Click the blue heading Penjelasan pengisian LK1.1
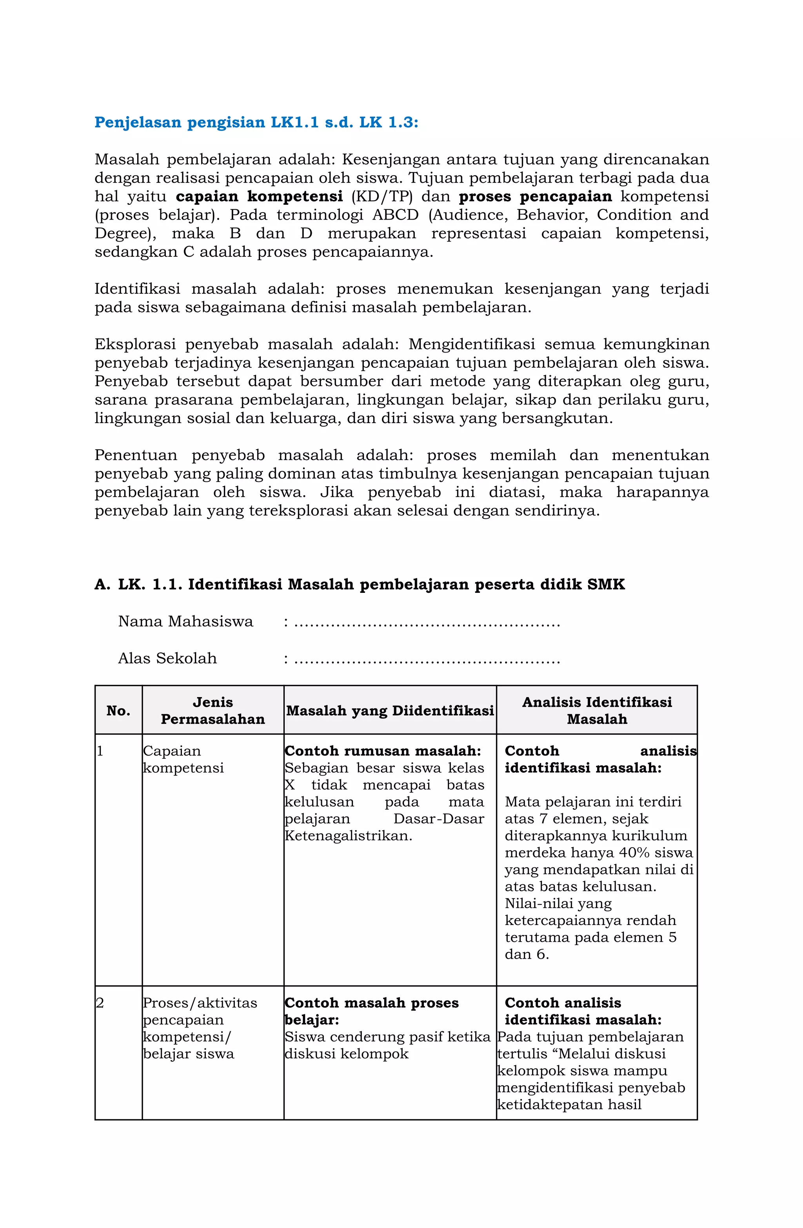(256, 123)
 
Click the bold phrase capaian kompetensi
(259, 196)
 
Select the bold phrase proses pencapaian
(535, 196)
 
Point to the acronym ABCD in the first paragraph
(395, 215)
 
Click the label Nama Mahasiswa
(186, 622)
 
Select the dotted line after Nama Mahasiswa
(427, 623)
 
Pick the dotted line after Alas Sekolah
(427, 660)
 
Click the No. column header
(118, 711)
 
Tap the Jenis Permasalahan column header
(213, 711)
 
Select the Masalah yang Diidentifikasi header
(390, 711)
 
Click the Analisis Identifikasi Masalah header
(597, 711)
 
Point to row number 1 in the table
(100, 751)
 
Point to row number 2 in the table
(100, 1003)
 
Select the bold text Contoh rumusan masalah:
(382, 751)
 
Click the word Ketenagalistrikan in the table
(348, 836)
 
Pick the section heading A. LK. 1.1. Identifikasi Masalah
(359, 585)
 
